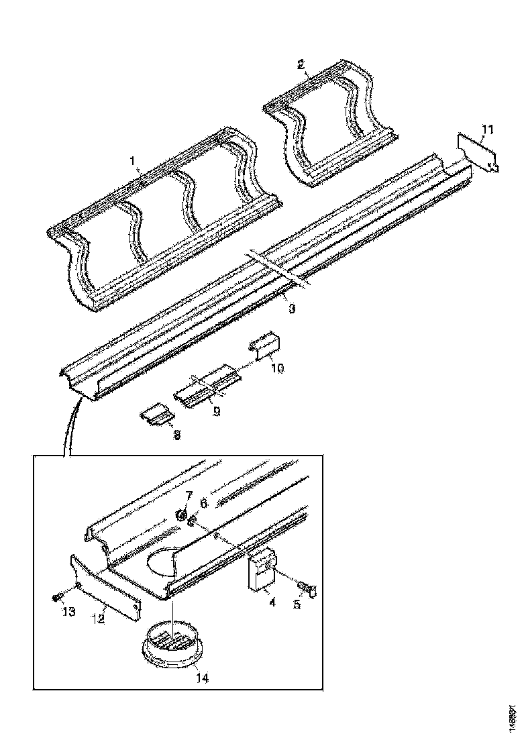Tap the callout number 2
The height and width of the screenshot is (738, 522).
pos(301,64)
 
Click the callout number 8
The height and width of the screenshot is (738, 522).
pos(176,435)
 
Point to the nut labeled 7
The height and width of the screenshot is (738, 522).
pos(181,515)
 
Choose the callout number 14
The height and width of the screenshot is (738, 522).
pos(202,678)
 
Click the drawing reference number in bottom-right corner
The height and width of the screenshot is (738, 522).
pos(512,718)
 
